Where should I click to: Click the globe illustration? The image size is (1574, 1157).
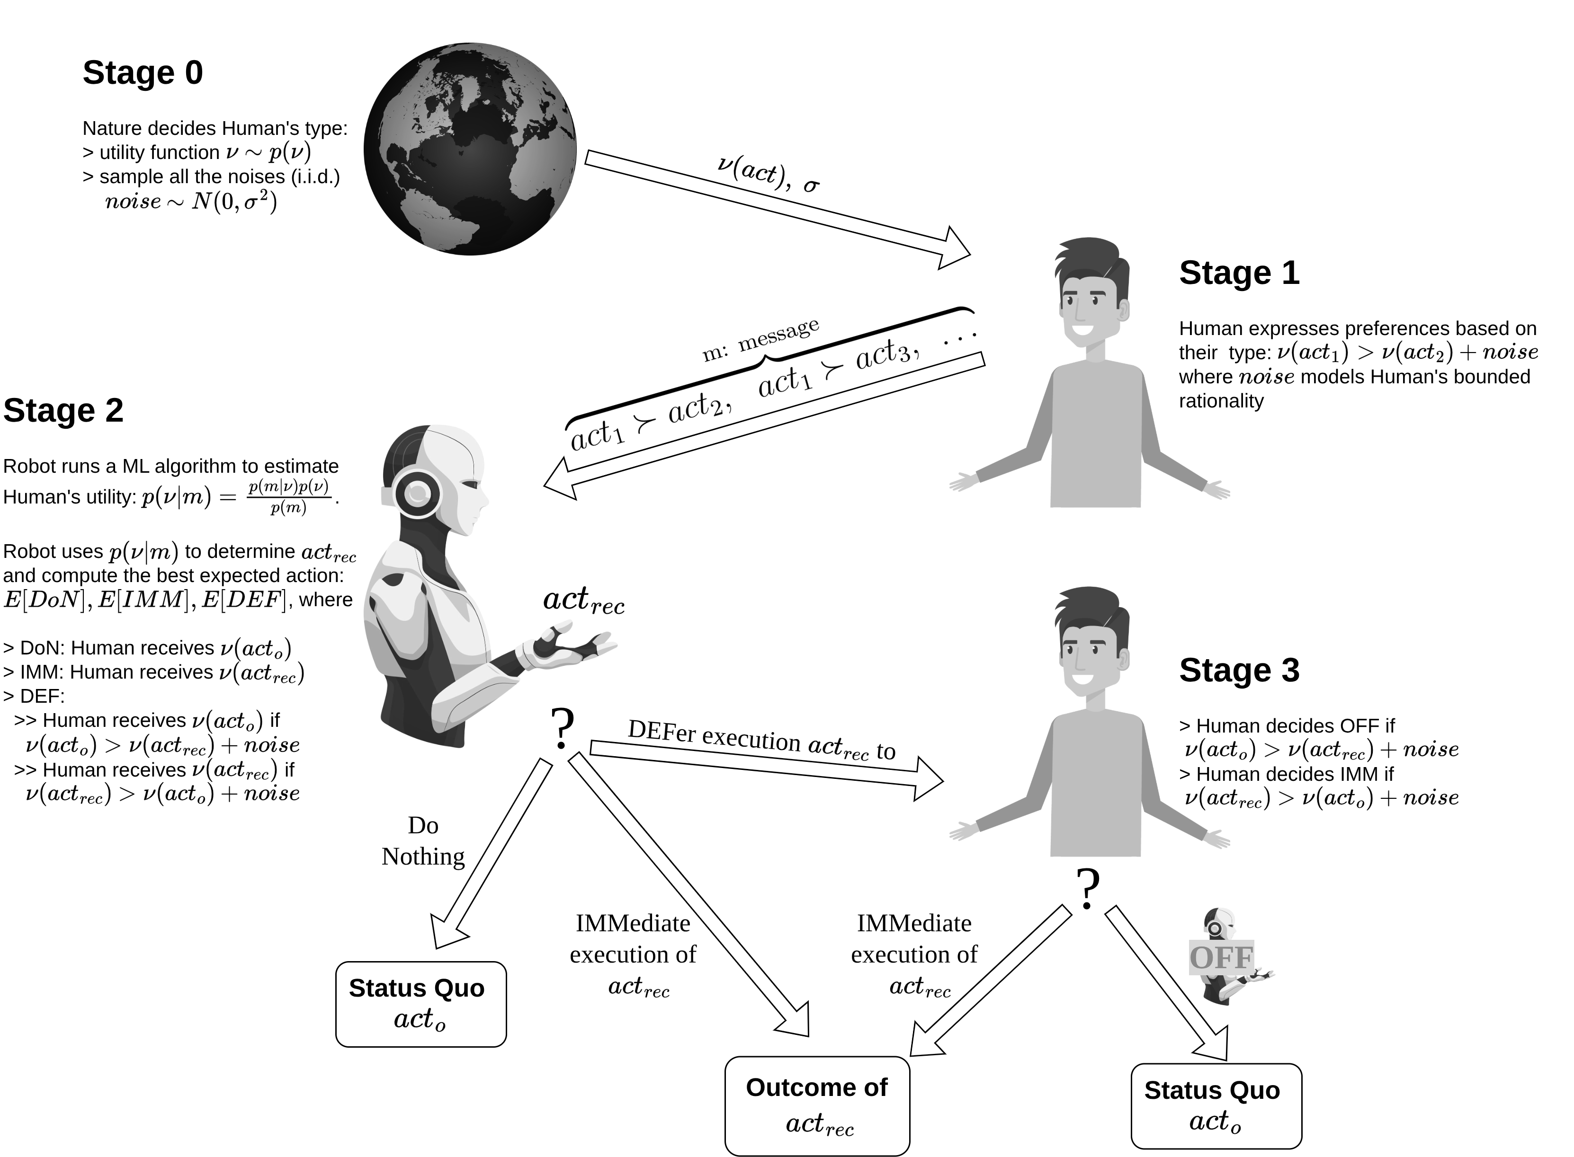pyautogui.click(x=470, y=149)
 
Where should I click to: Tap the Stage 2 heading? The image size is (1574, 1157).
pyautogui.click(x=63, y=410)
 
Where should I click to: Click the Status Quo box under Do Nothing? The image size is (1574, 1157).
pyautogui.click(x=420, y=1004)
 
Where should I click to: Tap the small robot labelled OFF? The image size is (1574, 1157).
pyautogui.click(x=1223, y=956)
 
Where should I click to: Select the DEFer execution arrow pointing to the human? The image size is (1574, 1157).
pyautogui.click(x=764, y=763)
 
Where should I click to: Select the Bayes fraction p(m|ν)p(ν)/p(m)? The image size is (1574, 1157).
pyautogui.click(x=288, y=496)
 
